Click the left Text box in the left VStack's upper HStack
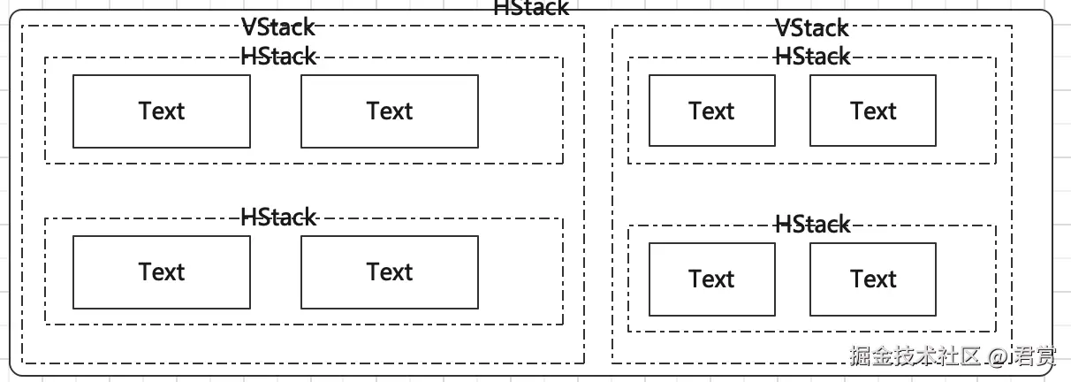[x=161, y=111]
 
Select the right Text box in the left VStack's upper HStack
[x=390, y=111]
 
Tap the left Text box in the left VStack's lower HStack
[x=161, y=272]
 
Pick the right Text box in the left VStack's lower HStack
[x=390, y=272]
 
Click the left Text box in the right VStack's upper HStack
[x=711, y=111]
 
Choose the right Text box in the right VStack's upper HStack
[x=873, y=111]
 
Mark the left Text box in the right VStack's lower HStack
[x=711, y=279]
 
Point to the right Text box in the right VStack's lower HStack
[x=873, y=279]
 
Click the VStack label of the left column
[x=277, y=28]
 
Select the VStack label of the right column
[x=812, y=28]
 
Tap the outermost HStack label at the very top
[x=531, y=8]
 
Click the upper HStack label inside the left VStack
[x=277, y=57]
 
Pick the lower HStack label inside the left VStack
[x=277, y=218]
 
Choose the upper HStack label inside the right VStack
[x=812, y=57]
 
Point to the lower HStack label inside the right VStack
[x=812, y=225]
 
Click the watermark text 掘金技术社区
[x=915, y=356]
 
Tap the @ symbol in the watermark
[x=998, y=357]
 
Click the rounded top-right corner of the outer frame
[x=1049, y=15]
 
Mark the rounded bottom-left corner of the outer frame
[x=13, y=371]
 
